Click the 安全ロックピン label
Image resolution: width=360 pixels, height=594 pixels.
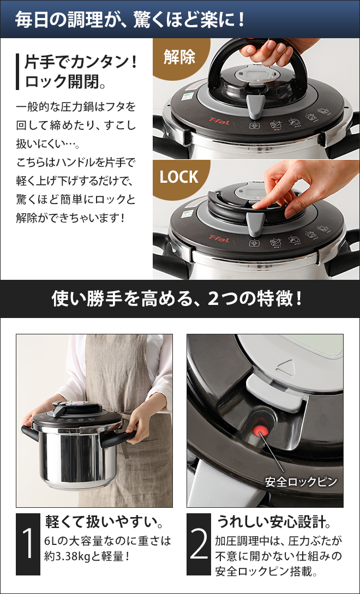(x=301, y=482)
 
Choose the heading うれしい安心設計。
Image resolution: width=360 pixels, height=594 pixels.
(x=273, y=521)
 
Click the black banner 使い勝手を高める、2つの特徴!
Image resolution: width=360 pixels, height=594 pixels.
(x=179, y=298)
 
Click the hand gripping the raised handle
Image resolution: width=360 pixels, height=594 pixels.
(x=268, y=53)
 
